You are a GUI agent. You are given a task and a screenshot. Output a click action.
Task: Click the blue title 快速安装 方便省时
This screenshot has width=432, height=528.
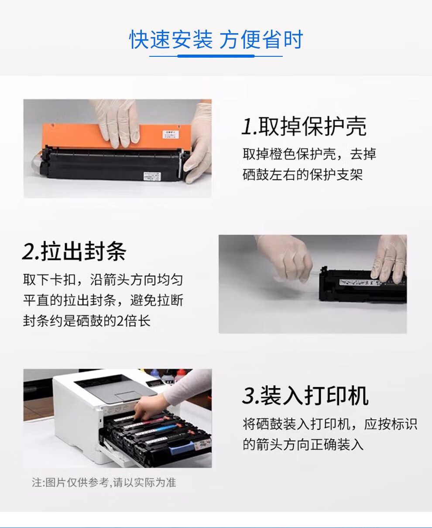(216, 40)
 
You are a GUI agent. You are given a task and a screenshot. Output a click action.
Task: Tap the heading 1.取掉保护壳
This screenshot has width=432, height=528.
(304, 126)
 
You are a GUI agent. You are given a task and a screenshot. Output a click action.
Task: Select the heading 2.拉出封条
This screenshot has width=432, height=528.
(74, 252)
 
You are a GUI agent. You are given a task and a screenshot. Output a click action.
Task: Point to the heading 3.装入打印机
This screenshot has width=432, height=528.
(305, 396)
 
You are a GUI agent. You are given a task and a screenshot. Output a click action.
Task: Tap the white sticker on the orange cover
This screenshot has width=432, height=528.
(170, 134)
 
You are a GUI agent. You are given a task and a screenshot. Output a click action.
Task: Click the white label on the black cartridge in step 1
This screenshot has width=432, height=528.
(152, 175)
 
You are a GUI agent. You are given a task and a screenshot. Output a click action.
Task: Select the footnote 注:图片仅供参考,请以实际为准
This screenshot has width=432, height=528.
(104, 483)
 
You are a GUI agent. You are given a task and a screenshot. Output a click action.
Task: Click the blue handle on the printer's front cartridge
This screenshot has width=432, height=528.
(182, 448)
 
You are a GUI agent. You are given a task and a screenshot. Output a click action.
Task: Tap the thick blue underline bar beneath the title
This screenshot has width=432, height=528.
(216, 56)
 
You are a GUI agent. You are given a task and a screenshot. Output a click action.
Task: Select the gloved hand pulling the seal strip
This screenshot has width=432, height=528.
(285, 258)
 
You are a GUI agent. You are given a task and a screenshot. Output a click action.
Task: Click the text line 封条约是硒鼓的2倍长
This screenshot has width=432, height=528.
(87, 321)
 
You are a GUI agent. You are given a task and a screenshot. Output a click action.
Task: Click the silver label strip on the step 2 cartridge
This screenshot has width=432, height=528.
(360, 283)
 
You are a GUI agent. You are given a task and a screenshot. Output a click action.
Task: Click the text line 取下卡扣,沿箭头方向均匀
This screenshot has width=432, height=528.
(103, 280)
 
